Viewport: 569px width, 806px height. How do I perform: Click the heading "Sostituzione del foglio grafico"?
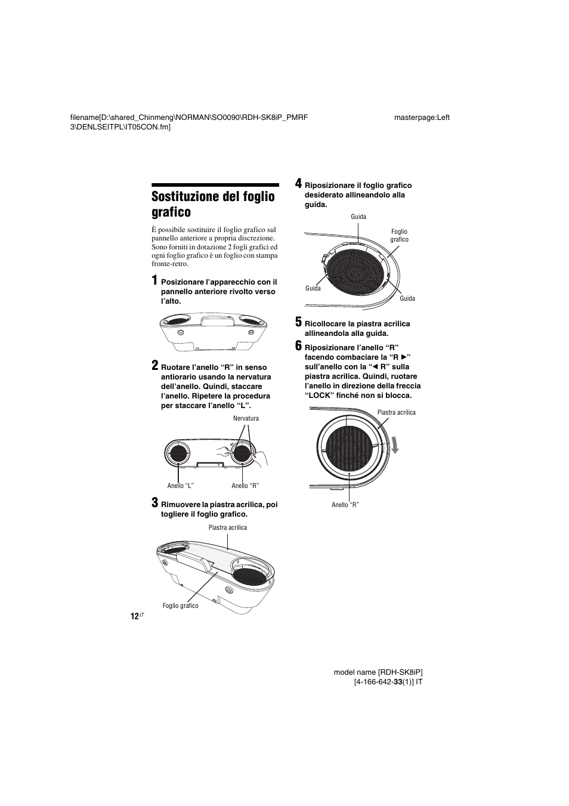(213, 204)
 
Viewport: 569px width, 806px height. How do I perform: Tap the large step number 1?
(154, 280)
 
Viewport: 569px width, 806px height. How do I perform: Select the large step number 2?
(154, 366)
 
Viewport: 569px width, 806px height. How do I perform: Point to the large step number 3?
(154, 503)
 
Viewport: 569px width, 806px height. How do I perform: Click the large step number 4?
(299, 184)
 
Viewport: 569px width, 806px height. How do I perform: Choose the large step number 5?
(299, 322)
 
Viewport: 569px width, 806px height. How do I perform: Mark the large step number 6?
(299, 346)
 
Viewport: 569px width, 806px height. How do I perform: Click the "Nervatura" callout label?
(246, 418)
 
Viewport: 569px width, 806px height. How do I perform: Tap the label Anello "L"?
(180, 486)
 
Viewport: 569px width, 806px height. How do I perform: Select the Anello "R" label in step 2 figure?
(245, 486)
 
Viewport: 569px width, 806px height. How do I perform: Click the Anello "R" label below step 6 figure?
(345, 505)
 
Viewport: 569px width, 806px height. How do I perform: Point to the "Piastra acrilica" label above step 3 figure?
(227, 527)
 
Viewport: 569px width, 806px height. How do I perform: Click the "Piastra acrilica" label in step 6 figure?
(396, 412)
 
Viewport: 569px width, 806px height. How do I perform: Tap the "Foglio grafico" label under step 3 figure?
(180, 606)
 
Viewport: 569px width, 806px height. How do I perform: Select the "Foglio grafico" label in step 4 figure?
(399, 236)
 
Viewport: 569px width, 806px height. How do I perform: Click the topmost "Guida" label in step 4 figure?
(358, 217)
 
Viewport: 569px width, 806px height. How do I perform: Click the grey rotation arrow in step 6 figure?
(394, 444)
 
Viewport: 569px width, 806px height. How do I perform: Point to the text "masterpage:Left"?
(422, 117)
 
